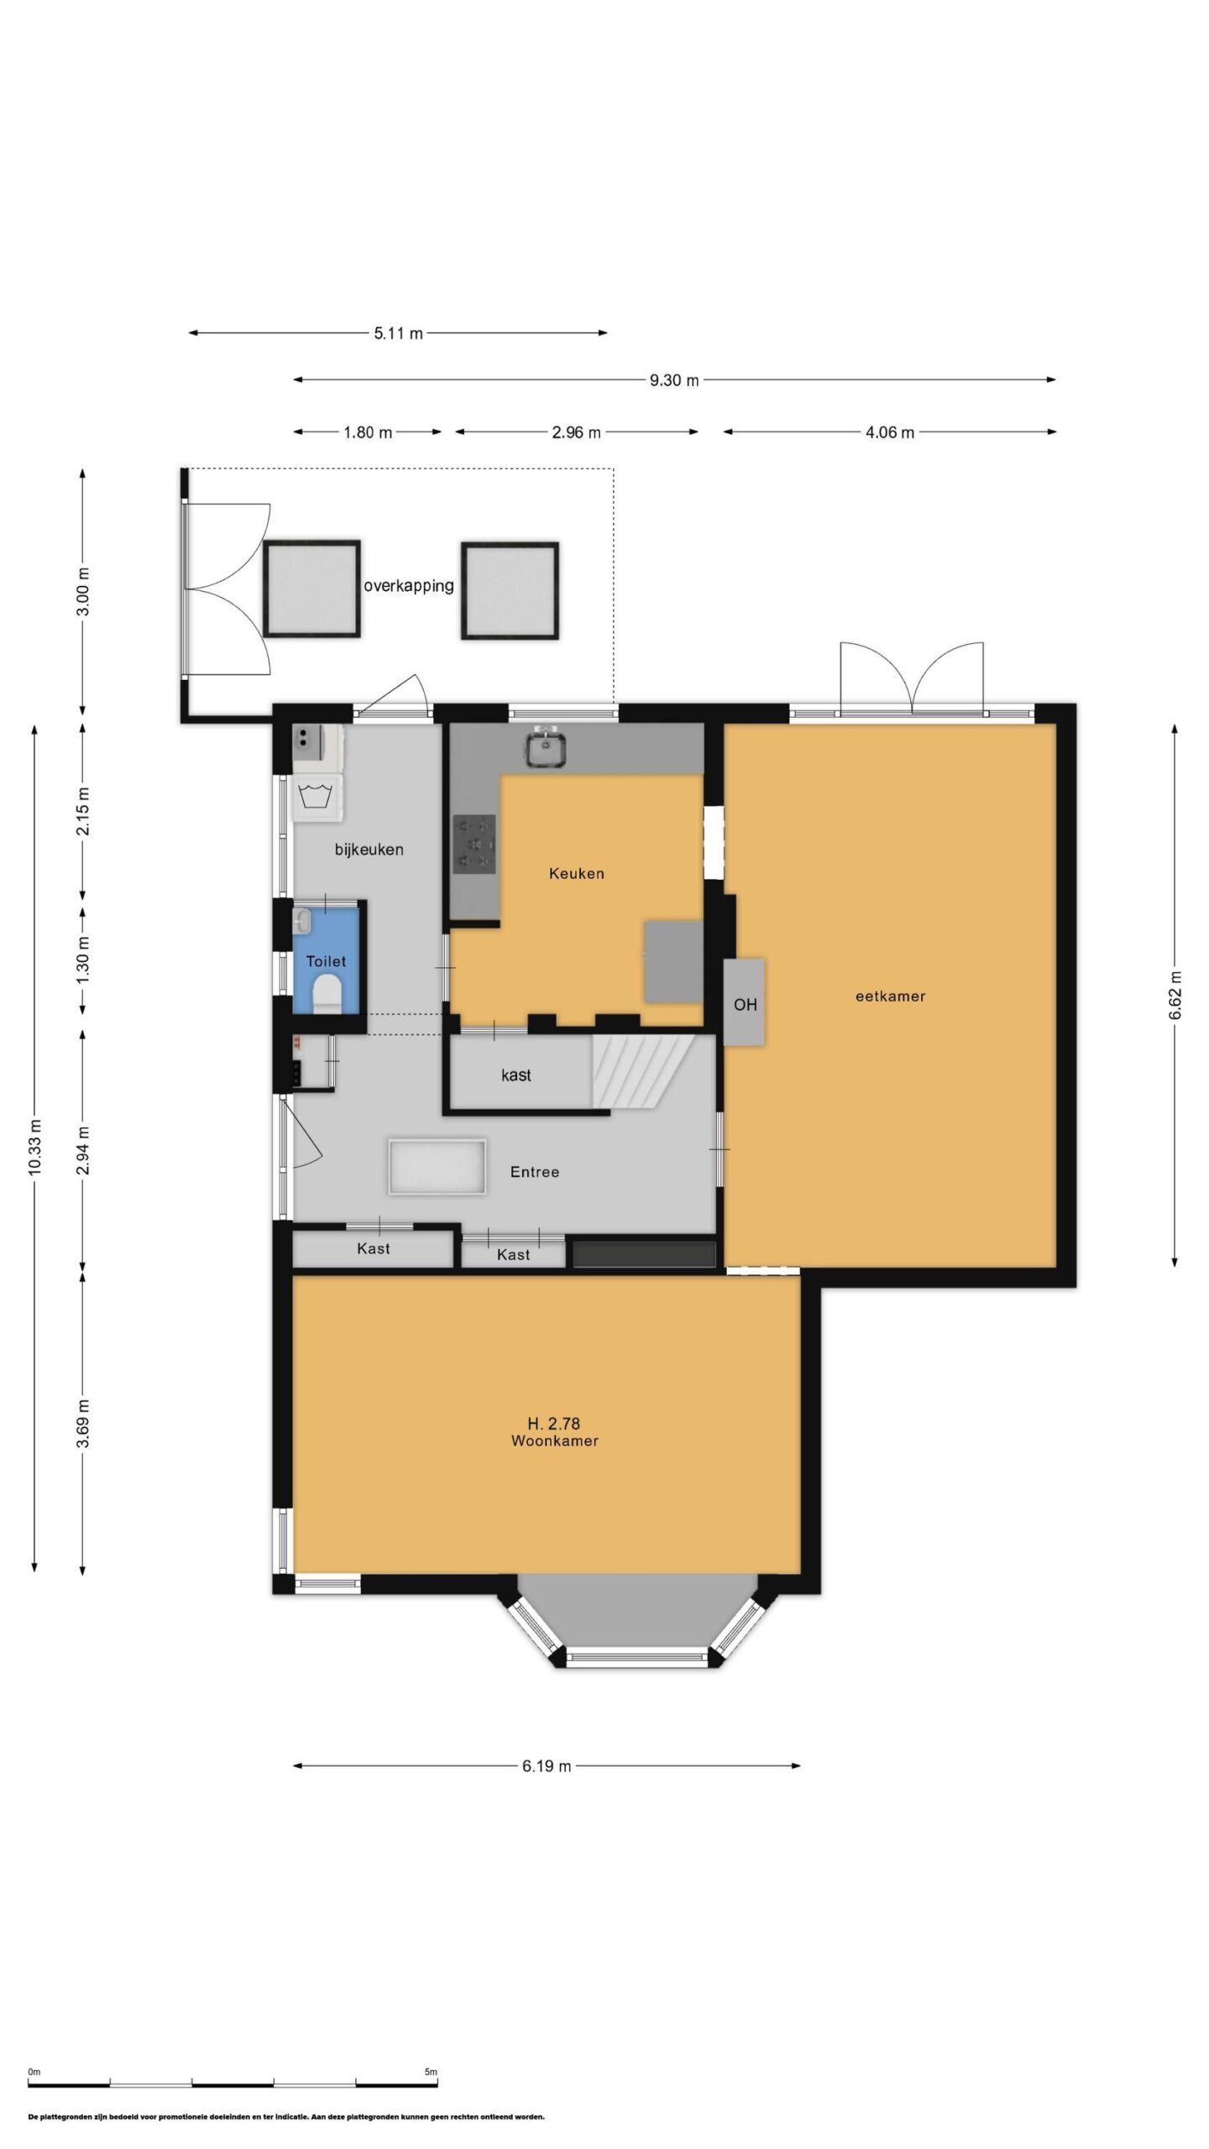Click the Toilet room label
point(326,961)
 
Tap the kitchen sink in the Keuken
point(547,747)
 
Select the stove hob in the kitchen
point(474,844)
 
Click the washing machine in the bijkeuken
point(317,797)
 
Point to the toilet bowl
point(327,997)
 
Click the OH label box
point(745,1003)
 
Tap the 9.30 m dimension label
point(674,380)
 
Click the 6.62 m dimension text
point(1175,996)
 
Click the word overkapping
point(409,586)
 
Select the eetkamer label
point(890,996)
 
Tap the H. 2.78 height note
point(554,1423)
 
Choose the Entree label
point(535,1172)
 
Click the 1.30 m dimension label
point(82,962)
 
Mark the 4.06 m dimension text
point(890,432)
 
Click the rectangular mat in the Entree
point(437,1167)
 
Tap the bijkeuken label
point(369,850)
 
